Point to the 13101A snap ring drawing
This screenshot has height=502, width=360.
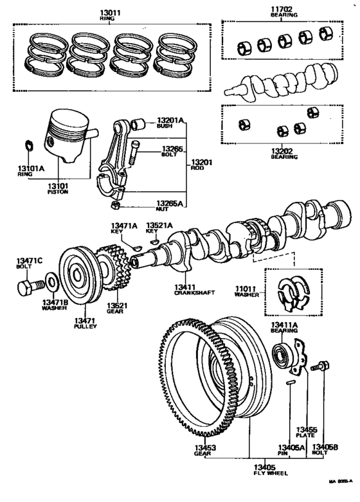[28, 145]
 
